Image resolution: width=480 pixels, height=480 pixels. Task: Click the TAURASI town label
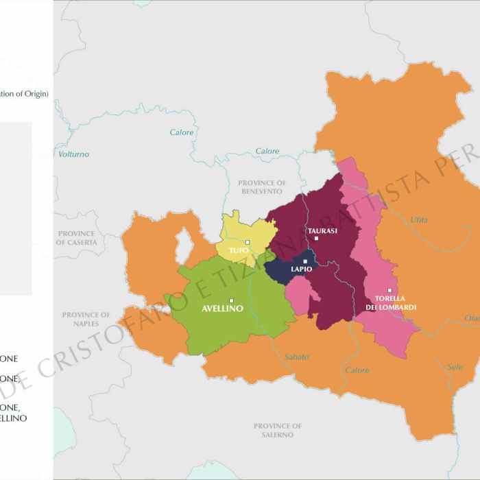pos(322,230)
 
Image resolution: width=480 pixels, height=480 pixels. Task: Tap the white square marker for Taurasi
pos(316,239)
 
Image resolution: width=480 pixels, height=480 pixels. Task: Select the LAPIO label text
pos(301,269)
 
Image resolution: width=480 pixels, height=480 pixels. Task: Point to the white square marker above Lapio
pos(305,261)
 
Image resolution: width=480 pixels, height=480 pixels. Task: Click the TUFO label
pos(239,250)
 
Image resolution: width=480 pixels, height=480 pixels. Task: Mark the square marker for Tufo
pos(248,242)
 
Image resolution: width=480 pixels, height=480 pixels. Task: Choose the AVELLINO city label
pos(223,309)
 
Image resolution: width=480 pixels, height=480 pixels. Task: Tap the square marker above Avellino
pos(232,300)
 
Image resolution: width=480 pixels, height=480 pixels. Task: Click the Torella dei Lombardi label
pos(395,302)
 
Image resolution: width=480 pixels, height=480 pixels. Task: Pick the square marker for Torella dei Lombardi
pos(389,290)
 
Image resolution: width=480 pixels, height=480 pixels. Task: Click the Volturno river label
pos(73,154)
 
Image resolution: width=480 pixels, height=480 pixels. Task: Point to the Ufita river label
pos(418,219)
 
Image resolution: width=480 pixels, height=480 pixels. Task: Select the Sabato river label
pos(296,357)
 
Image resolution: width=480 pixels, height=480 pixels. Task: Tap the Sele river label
pos(455,367)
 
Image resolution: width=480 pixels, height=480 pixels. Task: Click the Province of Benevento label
pos(262,187)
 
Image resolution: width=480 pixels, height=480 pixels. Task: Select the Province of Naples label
pos(86,319)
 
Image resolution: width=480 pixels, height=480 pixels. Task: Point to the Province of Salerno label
pos(278,430)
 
